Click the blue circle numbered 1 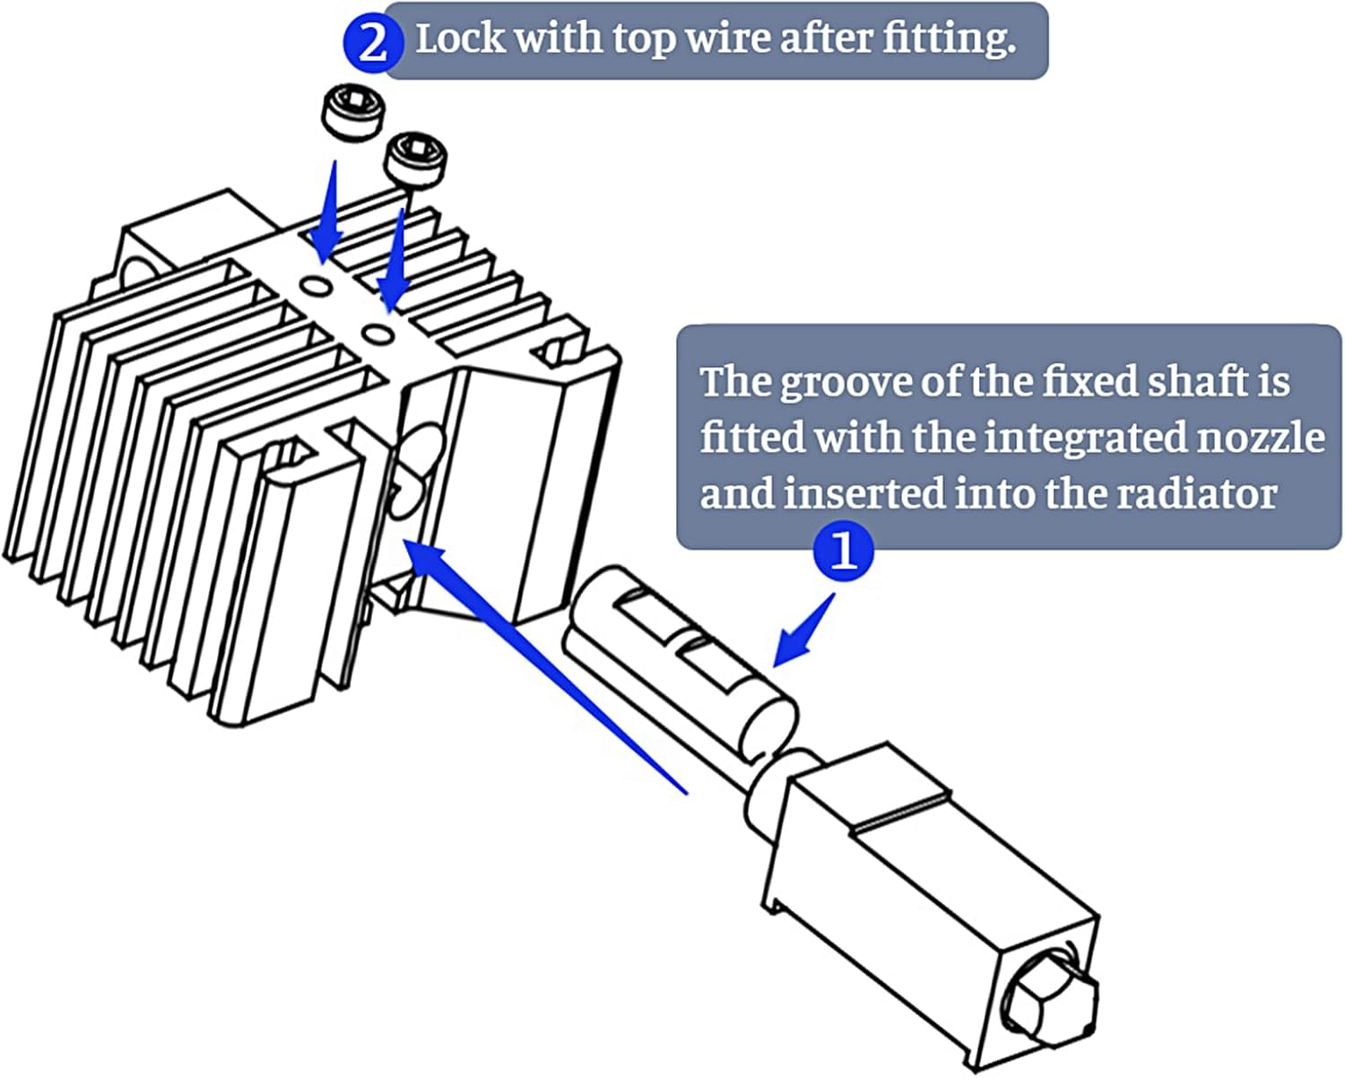(843, 551)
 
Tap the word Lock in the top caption (459, 39)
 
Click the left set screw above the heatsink (351, 114)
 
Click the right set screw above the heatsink (414, 159)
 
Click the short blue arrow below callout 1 (804, 632)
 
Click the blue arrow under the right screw (395, 260)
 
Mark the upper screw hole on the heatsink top (317, 285)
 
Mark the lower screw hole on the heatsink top (377, 334)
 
